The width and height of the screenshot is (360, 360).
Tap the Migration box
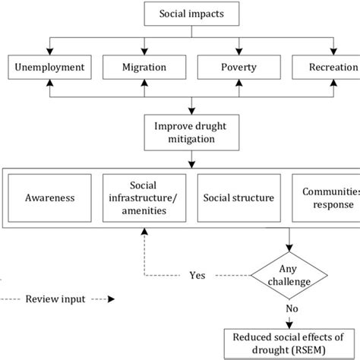tap(144, 68)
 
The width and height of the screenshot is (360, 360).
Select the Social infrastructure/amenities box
tap(144, 197)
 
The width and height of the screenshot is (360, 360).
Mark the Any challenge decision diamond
tap(289, 276)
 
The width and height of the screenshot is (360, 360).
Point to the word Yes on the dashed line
tap(197, 276)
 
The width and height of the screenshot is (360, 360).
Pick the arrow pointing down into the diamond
tap(289, 247)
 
